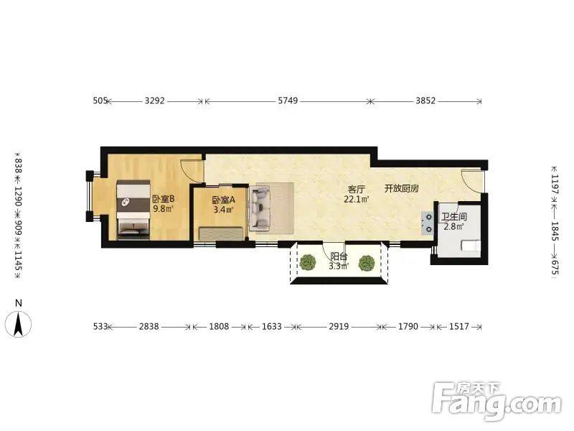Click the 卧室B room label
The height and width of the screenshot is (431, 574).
pos(164,200)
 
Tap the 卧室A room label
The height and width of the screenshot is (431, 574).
pos(223,200)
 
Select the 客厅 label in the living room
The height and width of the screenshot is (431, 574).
pos(356,190)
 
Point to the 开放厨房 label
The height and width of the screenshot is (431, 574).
pos(402,189)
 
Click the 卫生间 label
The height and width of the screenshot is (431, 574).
pos(454,217)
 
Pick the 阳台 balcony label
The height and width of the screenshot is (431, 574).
pos(339,256)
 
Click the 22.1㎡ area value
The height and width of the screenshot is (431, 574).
pos(356,200)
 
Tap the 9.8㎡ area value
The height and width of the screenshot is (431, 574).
pos(164,209)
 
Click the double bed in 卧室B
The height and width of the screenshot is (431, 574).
pos(133,210)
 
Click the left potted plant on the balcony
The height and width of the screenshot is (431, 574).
pos(308,262)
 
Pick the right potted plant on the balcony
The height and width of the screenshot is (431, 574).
pos(367,263)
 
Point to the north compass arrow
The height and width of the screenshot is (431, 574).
pos(19,324)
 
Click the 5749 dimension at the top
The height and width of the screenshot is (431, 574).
pos(288,101)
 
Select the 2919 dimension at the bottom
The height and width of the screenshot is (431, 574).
pos(339,326)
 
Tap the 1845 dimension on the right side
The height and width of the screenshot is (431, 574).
pos(555,231)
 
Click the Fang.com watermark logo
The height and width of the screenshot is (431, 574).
pos(497,402)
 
